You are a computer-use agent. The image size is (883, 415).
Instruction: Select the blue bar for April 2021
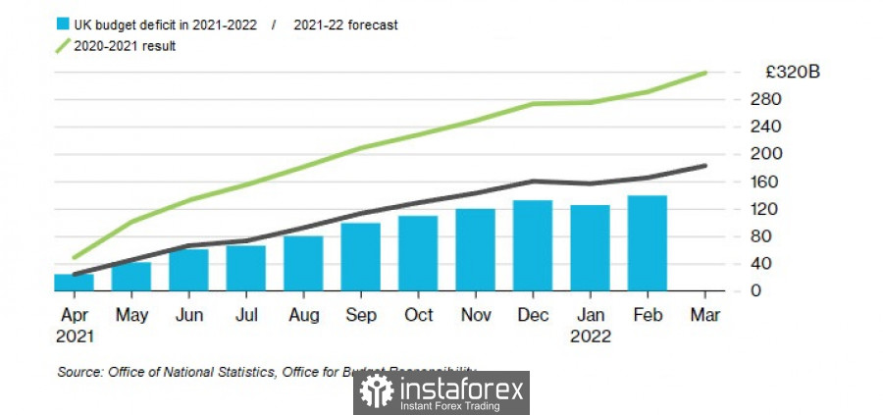[x=74, y=283]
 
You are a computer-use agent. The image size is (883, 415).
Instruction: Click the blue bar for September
[x=361, y=257]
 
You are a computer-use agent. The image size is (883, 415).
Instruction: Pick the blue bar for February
[x=648, y=243]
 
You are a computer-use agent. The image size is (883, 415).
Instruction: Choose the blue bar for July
[x=246, y=268]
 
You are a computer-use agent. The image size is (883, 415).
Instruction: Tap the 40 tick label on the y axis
[x=761, y=264]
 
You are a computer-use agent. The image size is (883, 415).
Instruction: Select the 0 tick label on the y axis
[x=756, y=291]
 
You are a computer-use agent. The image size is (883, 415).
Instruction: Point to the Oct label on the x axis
[x=418, y=315]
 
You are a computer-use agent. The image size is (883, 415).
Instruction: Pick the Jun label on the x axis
[x=188, y=315]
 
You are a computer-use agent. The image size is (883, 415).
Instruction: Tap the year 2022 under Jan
[x=591, y=336]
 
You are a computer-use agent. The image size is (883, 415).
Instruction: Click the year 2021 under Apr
[x=74, y=336]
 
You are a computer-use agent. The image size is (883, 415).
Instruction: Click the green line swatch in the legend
[x=65, y=46]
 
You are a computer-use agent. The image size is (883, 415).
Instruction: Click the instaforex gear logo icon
[x=377, y=391]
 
